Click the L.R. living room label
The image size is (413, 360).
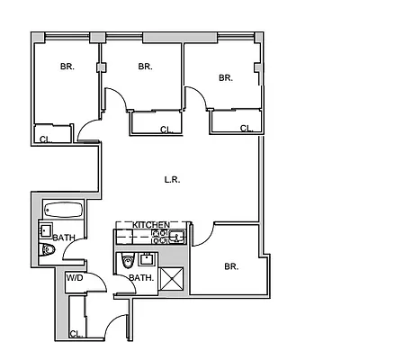172,179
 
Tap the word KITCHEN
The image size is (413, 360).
151,224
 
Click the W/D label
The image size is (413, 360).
74,278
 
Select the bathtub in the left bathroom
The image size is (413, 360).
63,212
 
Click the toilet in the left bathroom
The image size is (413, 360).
48,253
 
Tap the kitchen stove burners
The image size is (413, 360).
159,237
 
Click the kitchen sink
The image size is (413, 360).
177,237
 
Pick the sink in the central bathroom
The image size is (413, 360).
147,261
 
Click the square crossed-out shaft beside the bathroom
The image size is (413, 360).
174,280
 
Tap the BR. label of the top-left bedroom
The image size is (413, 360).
67,67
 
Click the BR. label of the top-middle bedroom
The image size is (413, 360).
145,67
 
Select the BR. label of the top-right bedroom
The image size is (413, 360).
225,78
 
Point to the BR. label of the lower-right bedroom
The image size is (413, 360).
230,266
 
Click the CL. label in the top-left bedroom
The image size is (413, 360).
45,139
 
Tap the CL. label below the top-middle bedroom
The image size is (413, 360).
166,130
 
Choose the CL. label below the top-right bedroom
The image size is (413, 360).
246,128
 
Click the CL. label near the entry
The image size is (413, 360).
76,334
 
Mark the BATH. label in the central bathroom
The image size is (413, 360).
141,278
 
